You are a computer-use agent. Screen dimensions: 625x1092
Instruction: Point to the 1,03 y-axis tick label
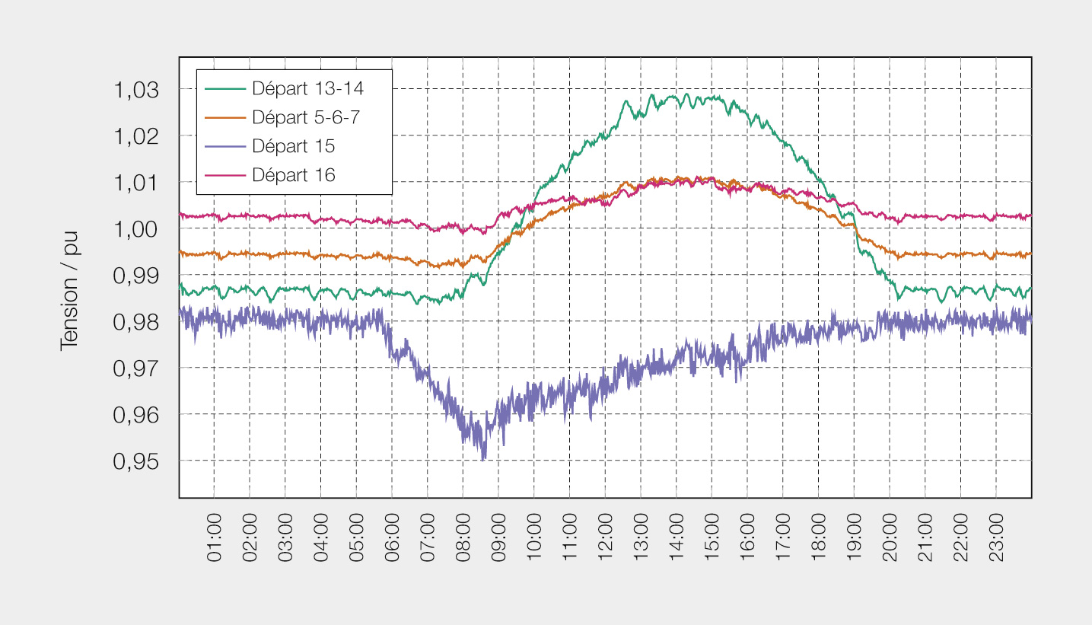click(x=136, y=90)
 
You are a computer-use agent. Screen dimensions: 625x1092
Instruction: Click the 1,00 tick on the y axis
click(x=136, y=229)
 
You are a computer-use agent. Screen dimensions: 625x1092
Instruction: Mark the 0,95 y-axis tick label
click(x=136, y=461)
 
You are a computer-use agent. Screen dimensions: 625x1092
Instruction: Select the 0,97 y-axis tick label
click(x=136, y=368)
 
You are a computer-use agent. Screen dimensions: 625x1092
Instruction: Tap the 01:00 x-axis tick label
click(x=215, y=537)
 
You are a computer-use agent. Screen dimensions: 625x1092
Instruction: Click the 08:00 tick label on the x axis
click(x=463, y=537)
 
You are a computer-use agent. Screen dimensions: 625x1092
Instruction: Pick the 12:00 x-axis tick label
click(x=606, y=537)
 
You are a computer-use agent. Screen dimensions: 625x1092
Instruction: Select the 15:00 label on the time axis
click(x=712, y=537)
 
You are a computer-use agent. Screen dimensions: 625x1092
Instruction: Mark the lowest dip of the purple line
click(x=483, y=459)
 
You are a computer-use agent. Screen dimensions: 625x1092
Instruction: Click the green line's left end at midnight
click(x=180, y=284)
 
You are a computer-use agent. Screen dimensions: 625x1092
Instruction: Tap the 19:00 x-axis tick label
click(x=855, y=537)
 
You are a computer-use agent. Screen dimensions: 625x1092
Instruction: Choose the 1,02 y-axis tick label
click(x=136, y=136)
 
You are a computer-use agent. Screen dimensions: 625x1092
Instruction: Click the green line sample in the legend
click(x=225, y=89)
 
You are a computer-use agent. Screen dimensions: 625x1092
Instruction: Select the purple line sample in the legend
click(x=225, y=146)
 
